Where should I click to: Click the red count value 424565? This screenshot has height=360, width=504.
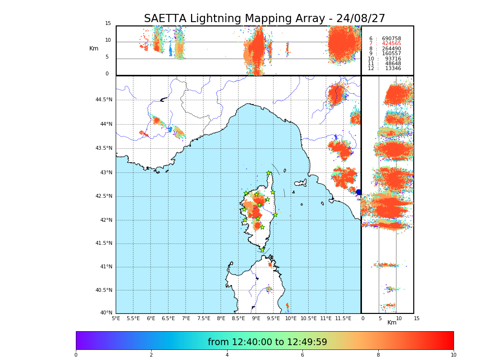pos(391,44)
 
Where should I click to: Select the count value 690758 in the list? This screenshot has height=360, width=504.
pos(391,39)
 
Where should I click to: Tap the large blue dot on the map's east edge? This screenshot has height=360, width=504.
pos(358,192)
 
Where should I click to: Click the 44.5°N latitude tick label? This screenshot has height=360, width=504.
pos(104,100)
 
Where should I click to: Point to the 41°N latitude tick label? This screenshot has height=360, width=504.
pos(106,267)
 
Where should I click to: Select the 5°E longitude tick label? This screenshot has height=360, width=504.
pos(116,319)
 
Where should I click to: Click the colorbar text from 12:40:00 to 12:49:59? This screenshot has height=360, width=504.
pos(267,342)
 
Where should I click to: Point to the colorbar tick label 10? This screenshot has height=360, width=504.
pos(453,355)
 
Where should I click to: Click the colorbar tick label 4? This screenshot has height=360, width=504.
pos(227,355)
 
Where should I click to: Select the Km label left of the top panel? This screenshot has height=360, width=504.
pos(94,48)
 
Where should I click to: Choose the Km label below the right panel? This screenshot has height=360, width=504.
pos(392,323)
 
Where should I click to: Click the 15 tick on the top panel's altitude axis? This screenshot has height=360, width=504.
pos(108,24)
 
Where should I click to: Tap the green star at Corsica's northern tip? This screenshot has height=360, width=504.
pos(269,173)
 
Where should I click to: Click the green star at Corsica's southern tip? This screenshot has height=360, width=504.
pos(262,250)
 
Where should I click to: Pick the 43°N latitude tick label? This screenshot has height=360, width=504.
pos(106,173)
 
